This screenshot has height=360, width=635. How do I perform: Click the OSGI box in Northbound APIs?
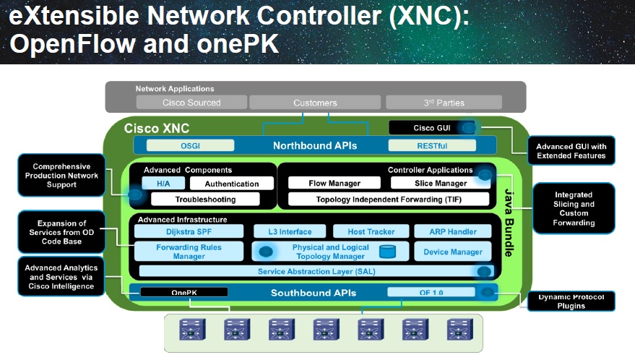pyautogui.click(x=191, y=145)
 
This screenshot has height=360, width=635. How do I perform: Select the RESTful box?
pyautogui.click(x=417, y=145)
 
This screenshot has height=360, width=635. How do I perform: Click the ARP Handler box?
pyautogui.click(x=452, y=231)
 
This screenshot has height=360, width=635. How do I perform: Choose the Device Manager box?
pyautogui.click(x=452, y=252)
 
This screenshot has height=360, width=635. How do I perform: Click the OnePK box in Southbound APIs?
pyautogui.click(x=183, y=293)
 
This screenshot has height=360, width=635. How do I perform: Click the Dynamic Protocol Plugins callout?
pyautogui.click(x=571, y=301)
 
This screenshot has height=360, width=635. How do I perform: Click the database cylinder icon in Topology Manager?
pyautogui.click(x=388, y=252)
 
